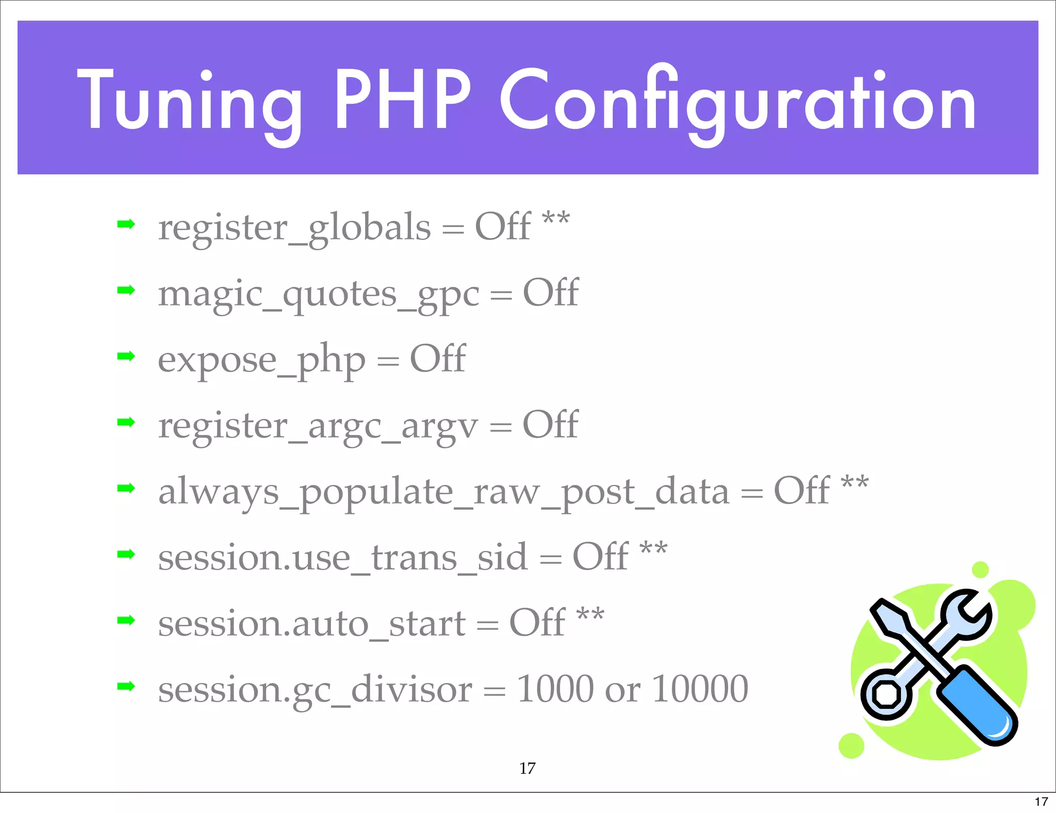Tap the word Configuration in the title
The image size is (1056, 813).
tap(737, 101)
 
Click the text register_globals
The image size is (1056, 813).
tap(294, 228)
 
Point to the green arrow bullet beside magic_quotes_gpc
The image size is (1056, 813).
tap(126, 290)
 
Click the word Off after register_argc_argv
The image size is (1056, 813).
tap(550, 425)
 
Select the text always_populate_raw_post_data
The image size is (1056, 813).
tap(443, 492)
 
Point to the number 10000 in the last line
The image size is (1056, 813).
tap(700, 689)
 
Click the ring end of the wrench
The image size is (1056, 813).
tap(885, 694)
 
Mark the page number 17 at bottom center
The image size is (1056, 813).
tap(527, 768)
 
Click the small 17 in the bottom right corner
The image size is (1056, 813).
tap(1041, 802)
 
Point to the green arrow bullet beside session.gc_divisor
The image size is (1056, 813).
tap(126, 686)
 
